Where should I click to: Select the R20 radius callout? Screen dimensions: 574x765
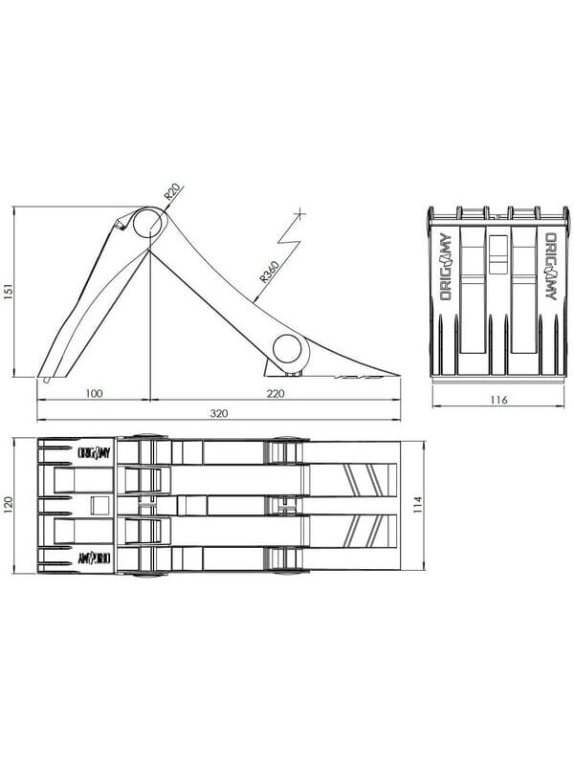tap(172, 192)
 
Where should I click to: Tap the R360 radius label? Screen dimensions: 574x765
tap(269, 273)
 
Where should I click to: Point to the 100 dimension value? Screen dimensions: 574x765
tap(94, 393)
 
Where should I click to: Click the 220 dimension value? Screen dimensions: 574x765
tap(276, 393)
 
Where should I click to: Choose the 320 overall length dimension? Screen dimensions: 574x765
tap(219, 413)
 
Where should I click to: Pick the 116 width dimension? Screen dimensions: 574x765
tap(498, 400)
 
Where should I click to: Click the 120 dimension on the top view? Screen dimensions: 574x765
tap(9, 506)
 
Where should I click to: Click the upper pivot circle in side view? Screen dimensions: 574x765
tap(148, 223)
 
